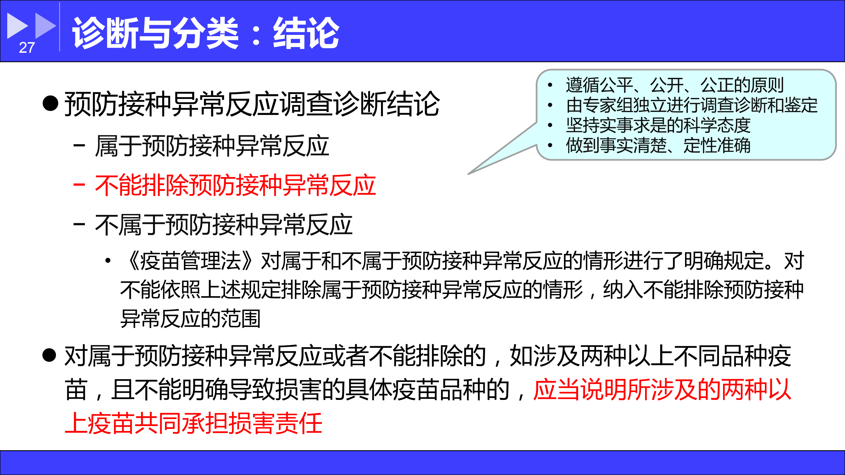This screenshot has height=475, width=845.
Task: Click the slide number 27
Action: coord(27,48)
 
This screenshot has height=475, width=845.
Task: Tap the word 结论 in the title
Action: coord(306,33)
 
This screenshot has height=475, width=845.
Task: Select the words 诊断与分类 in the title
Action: coord(155,33)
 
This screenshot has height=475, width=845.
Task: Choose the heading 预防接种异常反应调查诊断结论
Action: coord(252,104)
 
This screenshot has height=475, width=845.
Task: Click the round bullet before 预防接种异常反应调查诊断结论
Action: coord(51,103)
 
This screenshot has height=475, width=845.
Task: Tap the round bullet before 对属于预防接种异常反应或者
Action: coord(50,355)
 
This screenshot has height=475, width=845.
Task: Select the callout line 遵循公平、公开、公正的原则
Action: coord(675,85)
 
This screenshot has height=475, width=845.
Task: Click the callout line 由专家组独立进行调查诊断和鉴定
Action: coord(692,105)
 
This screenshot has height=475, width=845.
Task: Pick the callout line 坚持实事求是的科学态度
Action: coord(658,125)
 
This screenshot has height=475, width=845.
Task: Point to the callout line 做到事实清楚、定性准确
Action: coord(658,145)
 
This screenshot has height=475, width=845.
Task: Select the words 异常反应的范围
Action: coord(190,319)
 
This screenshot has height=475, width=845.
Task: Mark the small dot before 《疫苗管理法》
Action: coord(108,261)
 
